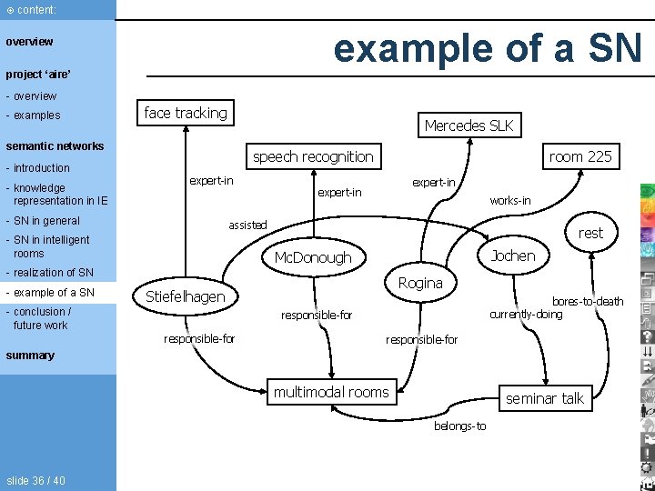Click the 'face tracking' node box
coord(186,113)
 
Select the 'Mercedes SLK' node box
coord(469,125)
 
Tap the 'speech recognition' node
coord(313,156)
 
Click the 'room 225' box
coord(579,156)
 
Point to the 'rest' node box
coord(590,233)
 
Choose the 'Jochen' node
coord(513,256)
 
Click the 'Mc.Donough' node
coord(313,257)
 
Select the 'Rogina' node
coord(420,283)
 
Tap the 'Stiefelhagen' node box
coord(186,296)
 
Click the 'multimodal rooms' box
coord(331,392)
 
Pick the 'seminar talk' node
coord(545,398)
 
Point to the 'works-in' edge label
coord(510,200)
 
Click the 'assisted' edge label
coord(247,225)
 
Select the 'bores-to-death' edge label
coord(588,301)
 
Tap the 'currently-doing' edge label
coord(526,315)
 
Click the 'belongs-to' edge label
coord(460,426)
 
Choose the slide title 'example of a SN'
coord(488,47)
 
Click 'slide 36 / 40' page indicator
coord(35,480)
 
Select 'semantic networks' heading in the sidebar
coord(55,145)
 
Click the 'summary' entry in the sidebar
coord(30,356)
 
